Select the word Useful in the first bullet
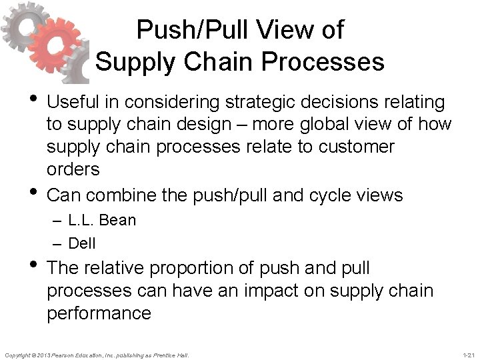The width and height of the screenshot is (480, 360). click(x=72, y=102)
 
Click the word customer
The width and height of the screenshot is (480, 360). click(x=355, y=146)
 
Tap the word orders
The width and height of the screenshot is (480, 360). click(x=73, y=169)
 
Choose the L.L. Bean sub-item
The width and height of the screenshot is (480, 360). click(x=102, y=220)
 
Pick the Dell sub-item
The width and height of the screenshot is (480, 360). click(x=82, y=243)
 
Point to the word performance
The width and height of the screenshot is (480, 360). click(x=99, y=313)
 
